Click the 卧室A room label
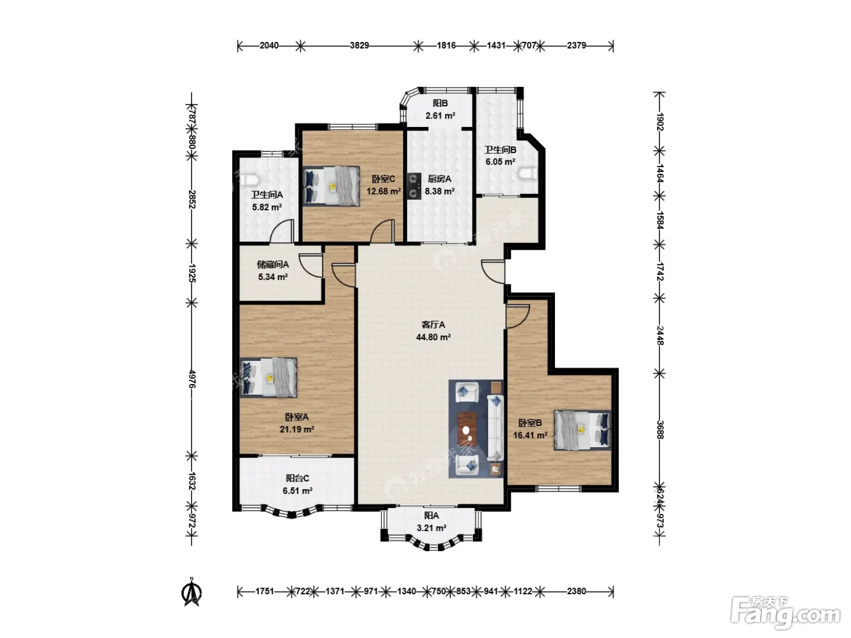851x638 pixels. click(x=297, y=417)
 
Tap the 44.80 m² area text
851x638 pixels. click(x=433, y=337)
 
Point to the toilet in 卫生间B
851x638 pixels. click(x=528, y=174)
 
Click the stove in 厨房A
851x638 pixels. click(x=414, y=186)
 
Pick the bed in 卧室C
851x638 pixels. click(x=331, y=185)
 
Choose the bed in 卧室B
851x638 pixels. click(x=582, y=430)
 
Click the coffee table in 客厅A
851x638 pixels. click(x=467, y=430)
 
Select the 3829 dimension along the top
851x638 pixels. click(x=359, y=46)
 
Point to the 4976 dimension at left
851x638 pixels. click(x=192, y=379)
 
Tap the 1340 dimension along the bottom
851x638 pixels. click(x=406, y=591)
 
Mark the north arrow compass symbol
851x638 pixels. click(x=191, y=591)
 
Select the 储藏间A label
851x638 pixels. click(x=273, y=264)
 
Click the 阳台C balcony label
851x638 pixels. click(x=297, y=478)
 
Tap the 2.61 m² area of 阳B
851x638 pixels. click(x=440, y=115)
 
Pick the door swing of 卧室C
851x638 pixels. click(x=383, y=232)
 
